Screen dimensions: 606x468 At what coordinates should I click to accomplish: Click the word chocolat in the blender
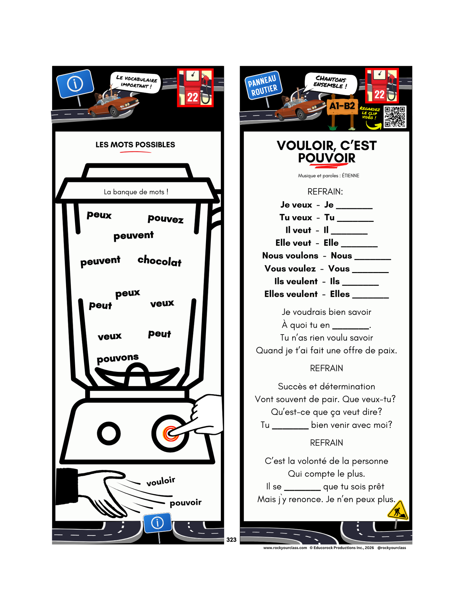pyautogui.click(x=159, y=261)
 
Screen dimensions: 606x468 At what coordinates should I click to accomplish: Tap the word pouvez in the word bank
pyautogui.click(x=166, y=219)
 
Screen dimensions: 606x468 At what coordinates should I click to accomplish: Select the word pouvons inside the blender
pyautogui.click(x=118, y=358)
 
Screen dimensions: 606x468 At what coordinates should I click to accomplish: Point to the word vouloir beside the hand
pyautogui.click(x=161, y=481)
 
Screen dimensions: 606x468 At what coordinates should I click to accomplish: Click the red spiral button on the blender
pyautogui.click(x=170, y=434)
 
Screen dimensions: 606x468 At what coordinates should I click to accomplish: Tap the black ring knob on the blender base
pyautogui.click(x=109, y=433)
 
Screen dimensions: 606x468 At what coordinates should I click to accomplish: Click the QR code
pyautogui.click(x=395, y=117)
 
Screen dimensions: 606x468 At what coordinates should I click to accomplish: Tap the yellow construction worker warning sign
pyautogui.click(x=398, y=511)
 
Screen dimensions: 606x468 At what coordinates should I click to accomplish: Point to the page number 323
pyautogui.click(x=231, y=540)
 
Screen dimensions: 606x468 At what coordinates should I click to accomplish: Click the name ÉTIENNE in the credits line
pyautogui.click(x=350, y=176)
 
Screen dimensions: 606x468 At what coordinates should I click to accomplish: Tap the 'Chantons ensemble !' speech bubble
pyautogui.click(x=331, y=82)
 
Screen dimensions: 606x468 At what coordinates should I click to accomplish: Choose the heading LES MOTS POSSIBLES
pyautogui.click(x=135, y=145)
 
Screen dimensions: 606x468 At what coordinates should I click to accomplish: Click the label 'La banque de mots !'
pyautogui.click(x=136, y=192)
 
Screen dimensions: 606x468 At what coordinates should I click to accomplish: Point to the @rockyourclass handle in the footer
pyautogui.click(x=392, y=548)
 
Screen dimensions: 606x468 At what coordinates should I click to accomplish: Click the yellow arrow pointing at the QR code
pyautogui.click(x=373, y=125)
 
